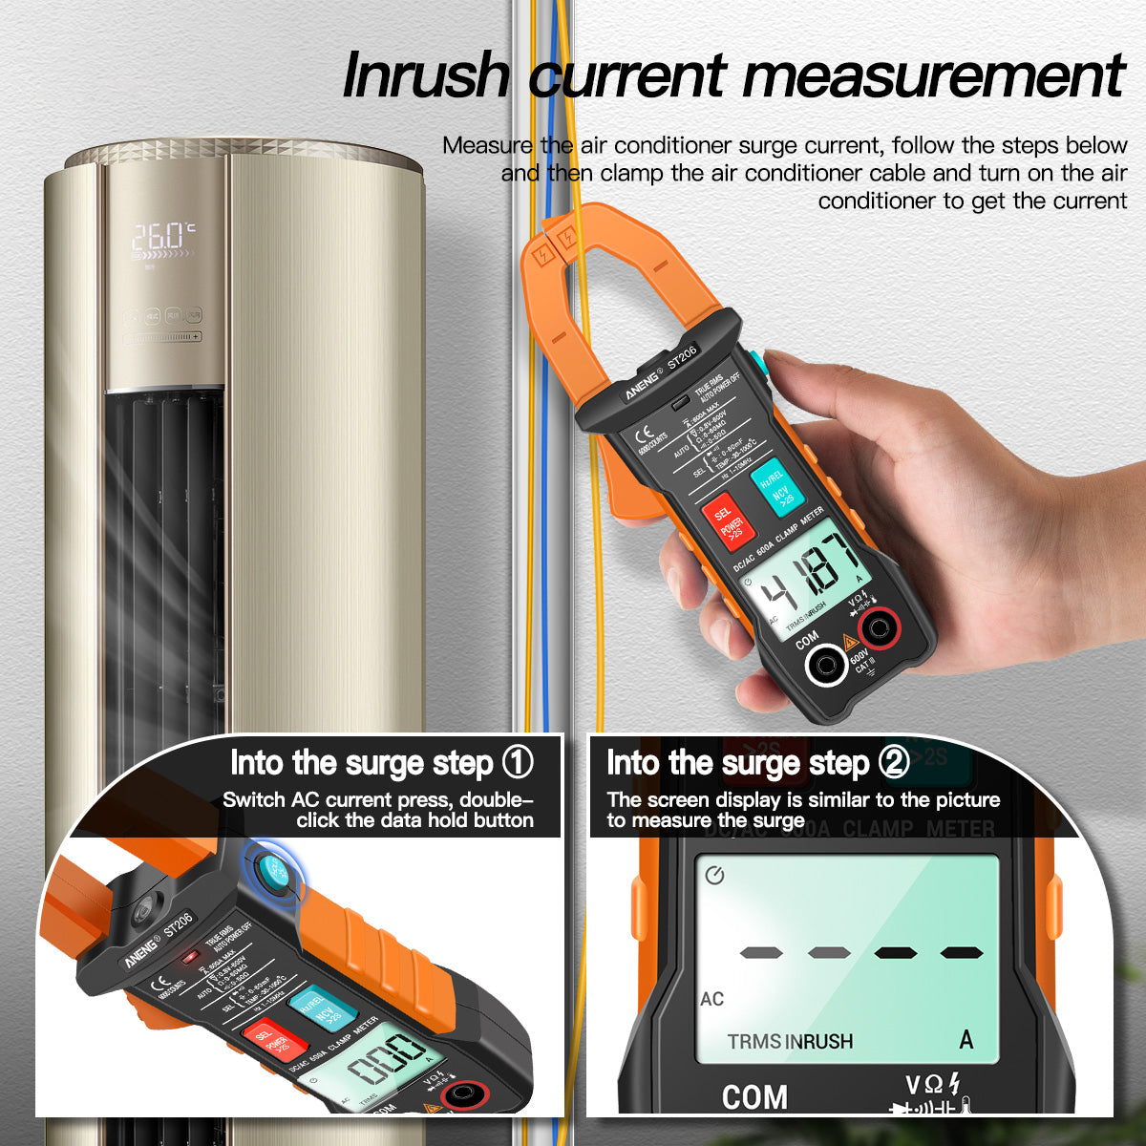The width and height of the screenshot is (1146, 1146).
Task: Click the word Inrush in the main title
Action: coord(426,76)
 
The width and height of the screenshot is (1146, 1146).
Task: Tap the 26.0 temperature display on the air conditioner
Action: coord(163,235)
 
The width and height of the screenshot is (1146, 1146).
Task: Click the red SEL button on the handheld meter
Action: coord(729,522)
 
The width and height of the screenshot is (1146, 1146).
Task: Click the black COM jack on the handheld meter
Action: coord(824,665)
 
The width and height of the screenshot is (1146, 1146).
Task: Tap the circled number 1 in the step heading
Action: coord(518,763)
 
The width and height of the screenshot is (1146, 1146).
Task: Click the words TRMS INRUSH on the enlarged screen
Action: coord(790,1041)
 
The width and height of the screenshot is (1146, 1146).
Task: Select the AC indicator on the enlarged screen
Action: coord(712,999)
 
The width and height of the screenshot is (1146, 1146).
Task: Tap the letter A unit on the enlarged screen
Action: coord(966,1039)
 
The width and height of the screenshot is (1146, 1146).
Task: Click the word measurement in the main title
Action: coord(828,76)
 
